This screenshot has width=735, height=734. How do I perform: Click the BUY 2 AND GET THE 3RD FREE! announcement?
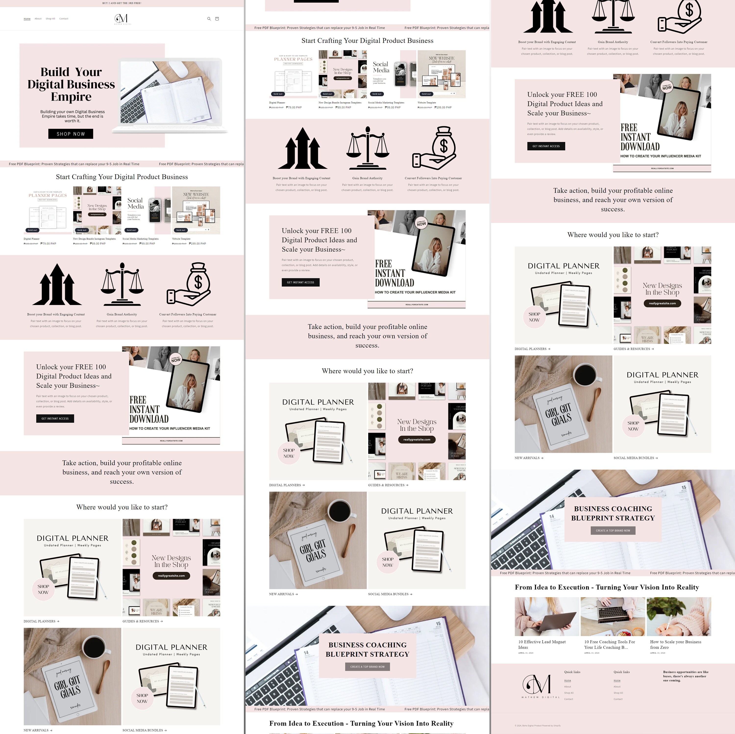tap(122, 3)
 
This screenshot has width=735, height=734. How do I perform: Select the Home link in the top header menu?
tap(27, 19)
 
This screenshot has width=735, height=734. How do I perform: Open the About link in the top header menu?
tap(38, 19)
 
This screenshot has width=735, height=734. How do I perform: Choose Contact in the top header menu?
tap(64, 19)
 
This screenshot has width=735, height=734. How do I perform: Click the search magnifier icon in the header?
tap(209, 19)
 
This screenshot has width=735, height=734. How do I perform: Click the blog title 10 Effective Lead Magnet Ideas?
tap(542, 644)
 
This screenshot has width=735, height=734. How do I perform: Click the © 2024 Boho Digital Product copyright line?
tap(538, 725)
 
